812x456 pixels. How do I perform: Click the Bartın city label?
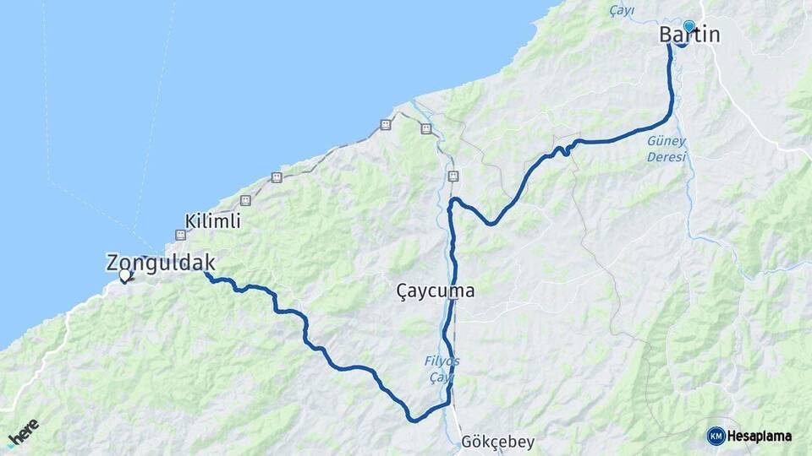(x=689, y=35)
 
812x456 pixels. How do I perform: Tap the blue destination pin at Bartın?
(x=689, y=26)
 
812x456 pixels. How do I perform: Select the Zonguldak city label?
(x=161, y=263)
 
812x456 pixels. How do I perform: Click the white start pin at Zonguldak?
(x=125, y=274)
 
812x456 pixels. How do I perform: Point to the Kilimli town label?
(x=208, y=222)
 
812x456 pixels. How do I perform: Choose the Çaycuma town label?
(x=435, y=291)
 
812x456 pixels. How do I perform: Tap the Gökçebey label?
(x=498, y=442)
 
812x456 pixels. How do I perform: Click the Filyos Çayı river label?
(x=442, y=369)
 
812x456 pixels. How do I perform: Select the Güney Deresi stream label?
(x=667, y=149)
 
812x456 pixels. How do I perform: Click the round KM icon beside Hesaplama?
(x=716, y=436)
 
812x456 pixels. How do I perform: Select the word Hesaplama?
(x=760, y=436)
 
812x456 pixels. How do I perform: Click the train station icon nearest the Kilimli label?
(x=245, y=200)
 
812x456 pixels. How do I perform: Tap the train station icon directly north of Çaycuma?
(x=453, y=176)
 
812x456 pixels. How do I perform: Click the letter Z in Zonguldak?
(x=114, y=263)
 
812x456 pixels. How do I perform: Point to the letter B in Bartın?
(x=667, y=35)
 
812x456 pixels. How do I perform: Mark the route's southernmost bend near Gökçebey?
(x=413, y=418)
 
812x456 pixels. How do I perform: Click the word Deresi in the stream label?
(x=667, y=157)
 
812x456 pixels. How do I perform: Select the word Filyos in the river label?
(x=442, y=361)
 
